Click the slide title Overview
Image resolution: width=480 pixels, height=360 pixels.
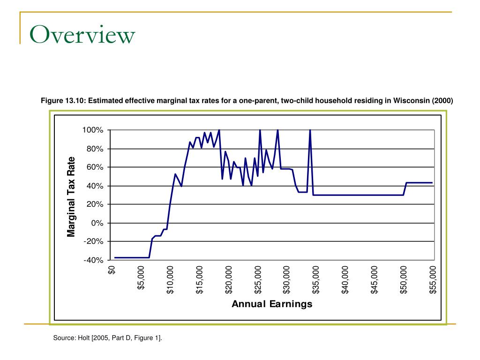[82, 35]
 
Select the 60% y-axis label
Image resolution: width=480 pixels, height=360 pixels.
[94, 167]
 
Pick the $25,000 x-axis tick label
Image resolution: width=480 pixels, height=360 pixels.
[258, 280]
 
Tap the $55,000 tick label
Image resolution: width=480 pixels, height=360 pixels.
[433, 280]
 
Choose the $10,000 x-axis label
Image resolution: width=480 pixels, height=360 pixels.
[170, 280]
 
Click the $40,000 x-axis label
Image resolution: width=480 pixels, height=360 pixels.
[345, 280]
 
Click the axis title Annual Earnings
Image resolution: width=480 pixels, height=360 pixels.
[272, 304]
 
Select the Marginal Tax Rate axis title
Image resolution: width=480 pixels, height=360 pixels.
[71, 196]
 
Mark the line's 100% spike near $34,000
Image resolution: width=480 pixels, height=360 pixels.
[310, 131]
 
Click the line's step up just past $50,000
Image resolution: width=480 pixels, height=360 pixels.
[405, 188]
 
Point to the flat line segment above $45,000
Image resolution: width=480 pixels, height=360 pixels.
[375, 195]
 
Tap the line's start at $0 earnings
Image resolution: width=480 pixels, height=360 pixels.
[114, 257]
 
